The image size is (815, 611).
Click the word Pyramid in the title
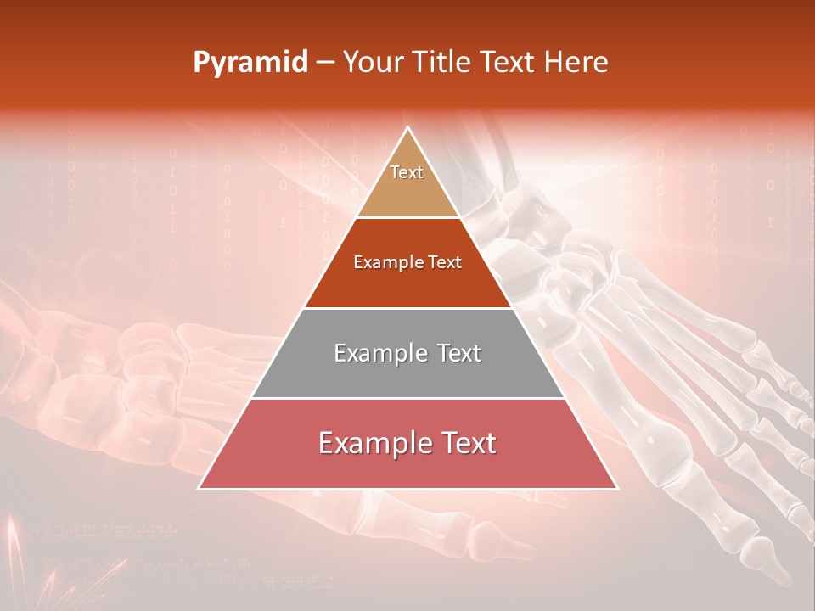[250, 63]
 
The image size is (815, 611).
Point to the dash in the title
[325, 63]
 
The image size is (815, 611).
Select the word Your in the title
[374, 63]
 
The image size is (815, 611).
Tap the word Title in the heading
[443, 63]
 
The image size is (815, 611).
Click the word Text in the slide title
[509, 63]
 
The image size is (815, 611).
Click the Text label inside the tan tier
[407, 172]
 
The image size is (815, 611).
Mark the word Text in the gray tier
[455, 353]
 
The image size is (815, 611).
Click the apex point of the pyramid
[408, 128]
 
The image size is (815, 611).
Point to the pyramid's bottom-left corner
[199, 489]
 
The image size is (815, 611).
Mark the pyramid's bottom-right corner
[617, 489]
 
